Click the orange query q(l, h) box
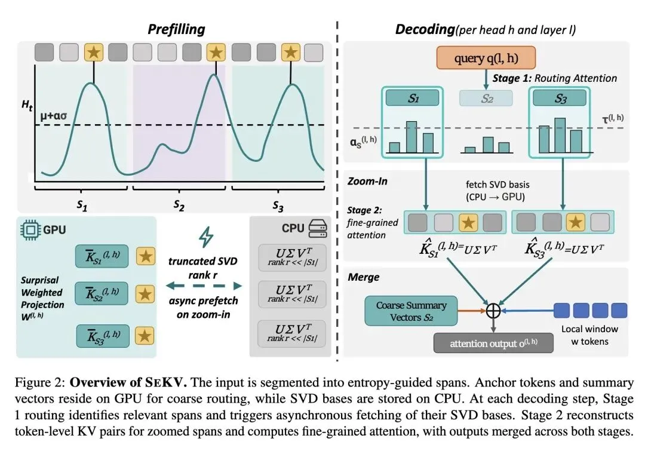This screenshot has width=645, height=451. point(486,57)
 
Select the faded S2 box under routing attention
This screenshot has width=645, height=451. point(486,99)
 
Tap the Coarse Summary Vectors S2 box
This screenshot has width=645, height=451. point(411,311)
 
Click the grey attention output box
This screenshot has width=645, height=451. point(493,343)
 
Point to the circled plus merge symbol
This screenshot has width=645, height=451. point(493,311)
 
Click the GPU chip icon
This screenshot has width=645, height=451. point(30,229)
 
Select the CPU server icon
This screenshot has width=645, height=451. point(318,228)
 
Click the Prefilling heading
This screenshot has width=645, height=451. point(176,29)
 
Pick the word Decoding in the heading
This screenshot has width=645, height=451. point(425,29)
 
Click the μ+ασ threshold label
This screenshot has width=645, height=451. point(54,116)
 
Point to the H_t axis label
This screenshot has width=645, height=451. point(27,105)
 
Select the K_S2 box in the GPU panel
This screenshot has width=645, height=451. point(102,293)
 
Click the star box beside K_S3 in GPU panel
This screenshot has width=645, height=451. point(145,336)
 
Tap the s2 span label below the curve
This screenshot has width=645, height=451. point(179,205)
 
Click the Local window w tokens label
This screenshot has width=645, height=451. point(589,335)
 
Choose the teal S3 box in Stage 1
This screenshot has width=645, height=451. point(560,98)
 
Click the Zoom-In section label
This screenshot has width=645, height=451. point(367,182)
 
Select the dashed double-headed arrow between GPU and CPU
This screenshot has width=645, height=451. point(204,286)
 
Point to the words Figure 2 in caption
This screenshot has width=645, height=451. point(40,383)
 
